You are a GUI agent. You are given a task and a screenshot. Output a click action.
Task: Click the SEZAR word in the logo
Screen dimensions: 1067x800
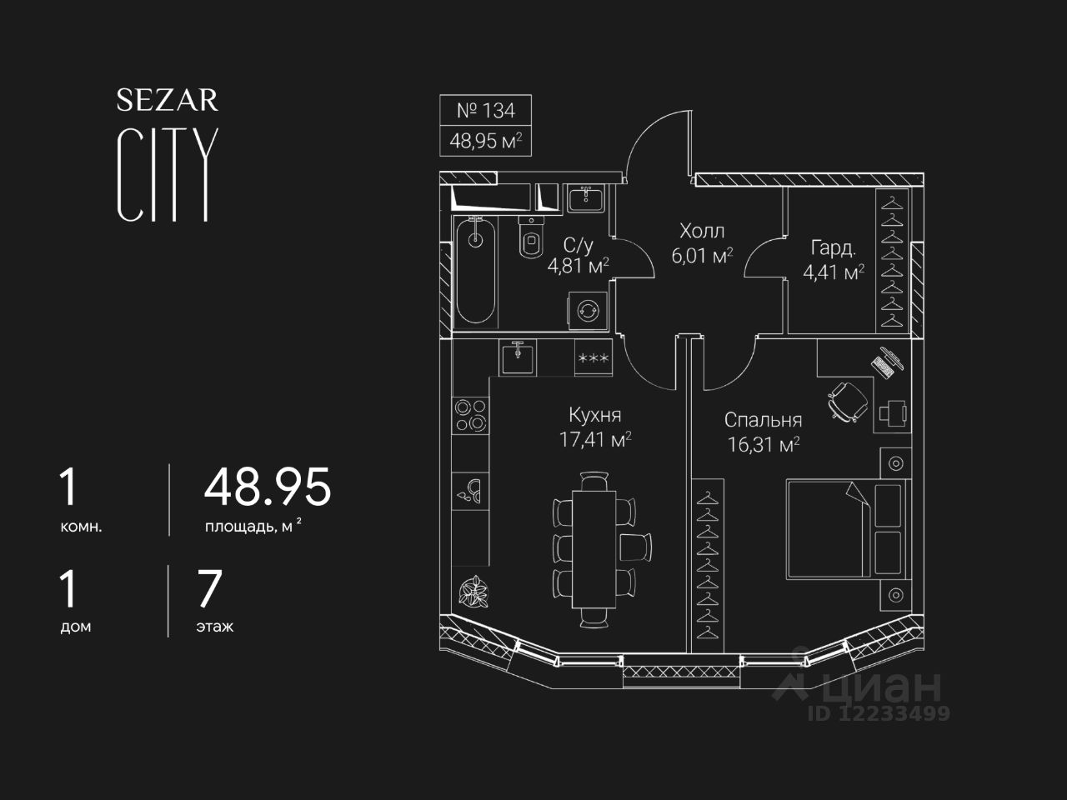pyautogui.click(x=167, y=100)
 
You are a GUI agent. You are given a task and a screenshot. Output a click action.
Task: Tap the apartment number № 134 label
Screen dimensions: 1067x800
pyautogui.click(x=486, y=110)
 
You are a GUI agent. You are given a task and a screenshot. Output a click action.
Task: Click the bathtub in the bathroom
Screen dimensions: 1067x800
pyautogui.click(x=476, y=269)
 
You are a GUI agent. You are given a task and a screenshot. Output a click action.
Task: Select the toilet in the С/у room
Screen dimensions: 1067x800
pyautogui.click(x=530, y=237)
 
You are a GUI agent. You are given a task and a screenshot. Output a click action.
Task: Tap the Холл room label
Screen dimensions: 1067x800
pyautogui.click(x=702, y=231)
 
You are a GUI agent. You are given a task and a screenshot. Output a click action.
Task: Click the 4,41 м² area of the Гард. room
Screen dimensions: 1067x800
pyautogui.click(x=833, y=272)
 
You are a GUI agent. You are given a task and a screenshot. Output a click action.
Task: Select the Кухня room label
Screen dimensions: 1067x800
pyautogui.click(x=594, y=415)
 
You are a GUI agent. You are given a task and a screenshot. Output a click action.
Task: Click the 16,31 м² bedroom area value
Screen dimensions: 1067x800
pyautogui.click(x=764, y=445)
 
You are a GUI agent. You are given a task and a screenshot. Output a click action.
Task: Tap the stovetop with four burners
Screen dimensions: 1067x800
pyautogui.click(x=471, y=414)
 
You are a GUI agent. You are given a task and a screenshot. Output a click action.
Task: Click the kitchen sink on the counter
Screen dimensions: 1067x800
pyautogui.click(x=518, y=357)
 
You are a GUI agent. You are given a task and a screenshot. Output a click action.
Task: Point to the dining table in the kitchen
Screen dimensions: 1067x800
pyautogui.click(x=594, y=548)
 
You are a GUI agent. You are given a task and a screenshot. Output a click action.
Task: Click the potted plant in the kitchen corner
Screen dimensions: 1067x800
pyautogui.click(x=473, y=593)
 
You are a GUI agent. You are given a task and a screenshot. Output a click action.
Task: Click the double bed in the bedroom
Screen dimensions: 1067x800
pyautogui.click(x=834, y=527)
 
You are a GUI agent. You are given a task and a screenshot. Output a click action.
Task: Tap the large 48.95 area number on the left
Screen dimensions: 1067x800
pyautogui.click(x=268, y=487)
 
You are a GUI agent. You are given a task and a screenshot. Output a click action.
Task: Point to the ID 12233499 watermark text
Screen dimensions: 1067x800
pyautogui.click(x=879, y=713)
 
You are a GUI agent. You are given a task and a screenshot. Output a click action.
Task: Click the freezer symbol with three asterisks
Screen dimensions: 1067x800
pyautogui.click(x=593, y=358)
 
